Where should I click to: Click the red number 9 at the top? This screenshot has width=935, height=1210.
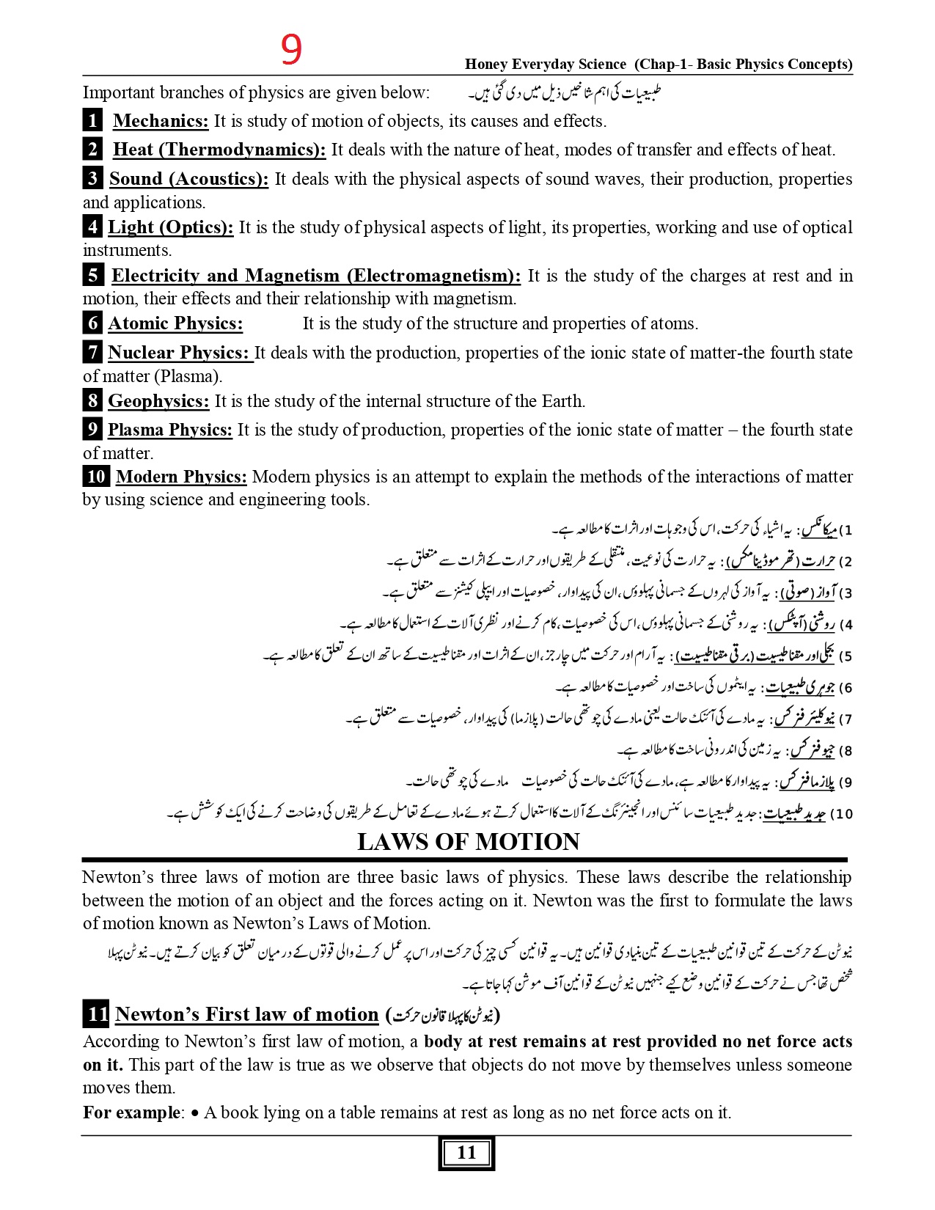coord(291,50)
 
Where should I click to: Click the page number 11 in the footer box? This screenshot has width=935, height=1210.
coord(466,1153)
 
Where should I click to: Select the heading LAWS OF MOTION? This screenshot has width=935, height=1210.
coord(468,842)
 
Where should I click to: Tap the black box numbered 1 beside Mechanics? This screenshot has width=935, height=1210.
coord(92,120)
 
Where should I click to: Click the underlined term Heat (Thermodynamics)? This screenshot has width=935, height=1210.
coord(219,150)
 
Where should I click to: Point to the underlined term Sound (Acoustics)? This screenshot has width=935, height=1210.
coord(188,179)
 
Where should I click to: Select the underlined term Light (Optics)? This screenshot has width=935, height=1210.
coord(170,227)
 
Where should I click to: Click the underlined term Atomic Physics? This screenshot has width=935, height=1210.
coord(175,323)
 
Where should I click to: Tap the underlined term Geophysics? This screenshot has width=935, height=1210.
coord(158,401)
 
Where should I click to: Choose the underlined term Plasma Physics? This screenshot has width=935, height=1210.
coord(169,430)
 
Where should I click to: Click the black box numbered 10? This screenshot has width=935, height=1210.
coord(96,477)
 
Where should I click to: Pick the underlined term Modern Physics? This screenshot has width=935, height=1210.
coord(181,477)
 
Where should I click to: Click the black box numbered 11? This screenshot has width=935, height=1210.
coord(97,1014)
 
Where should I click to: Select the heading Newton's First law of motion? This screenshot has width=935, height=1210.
coord(246,1014)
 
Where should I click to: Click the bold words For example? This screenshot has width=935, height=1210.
coord(131,1112)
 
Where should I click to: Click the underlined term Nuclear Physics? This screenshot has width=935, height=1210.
coord(179,353)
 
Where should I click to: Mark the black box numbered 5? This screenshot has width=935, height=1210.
coord(92,276)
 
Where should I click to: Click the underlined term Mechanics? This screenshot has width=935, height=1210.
coord(161,121)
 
